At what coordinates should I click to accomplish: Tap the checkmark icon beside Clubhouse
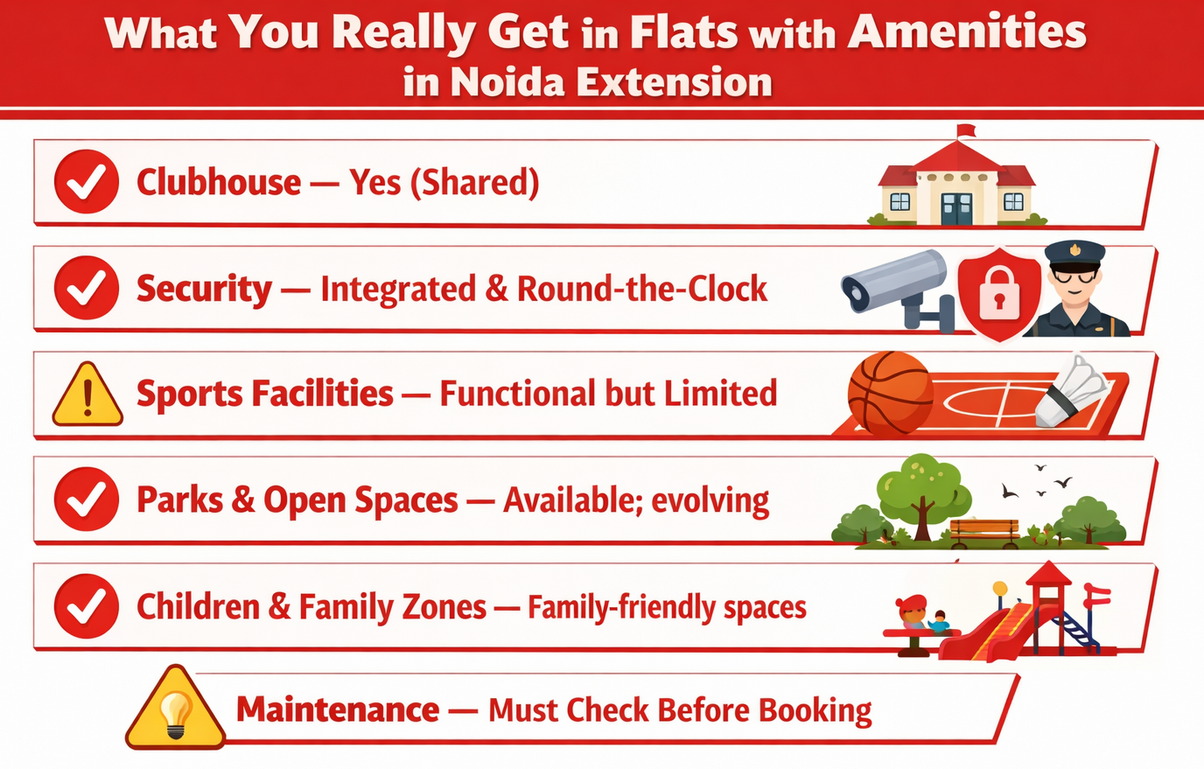87,182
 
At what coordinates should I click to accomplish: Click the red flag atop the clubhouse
966,131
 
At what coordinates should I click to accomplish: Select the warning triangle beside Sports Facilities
87,396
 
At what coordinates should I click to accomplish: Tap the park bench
984,529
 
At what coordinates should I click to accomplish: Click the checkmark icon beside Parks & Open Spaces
87,500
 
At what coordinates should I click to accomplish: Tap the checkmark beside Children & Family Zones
87,606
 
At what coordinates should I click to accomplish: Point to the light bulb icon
176,713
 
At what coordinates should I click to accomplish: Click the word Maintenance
338,710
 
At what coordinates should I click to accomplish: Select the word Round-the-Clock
641,289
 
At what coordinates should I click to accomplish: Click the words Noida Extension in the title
611,83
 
